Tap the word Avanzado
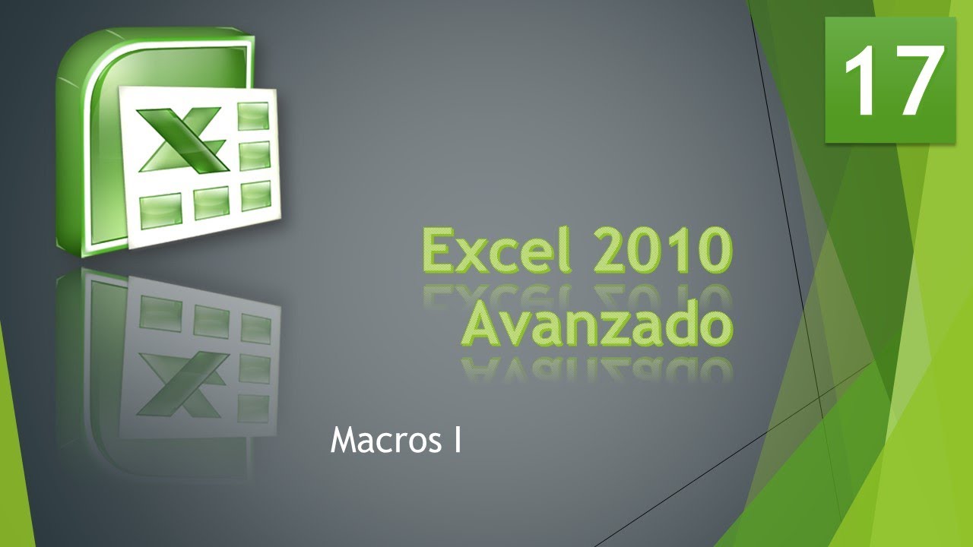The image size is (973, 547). (597, 325)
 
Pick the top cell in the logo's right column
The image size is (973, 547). (254, 116)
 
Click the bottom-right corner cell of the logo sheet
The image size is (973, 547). (255, 196)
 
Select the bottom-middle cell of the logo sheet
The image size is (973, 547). (211, 201)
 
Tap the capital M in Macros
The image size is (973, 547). (344, 440)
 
